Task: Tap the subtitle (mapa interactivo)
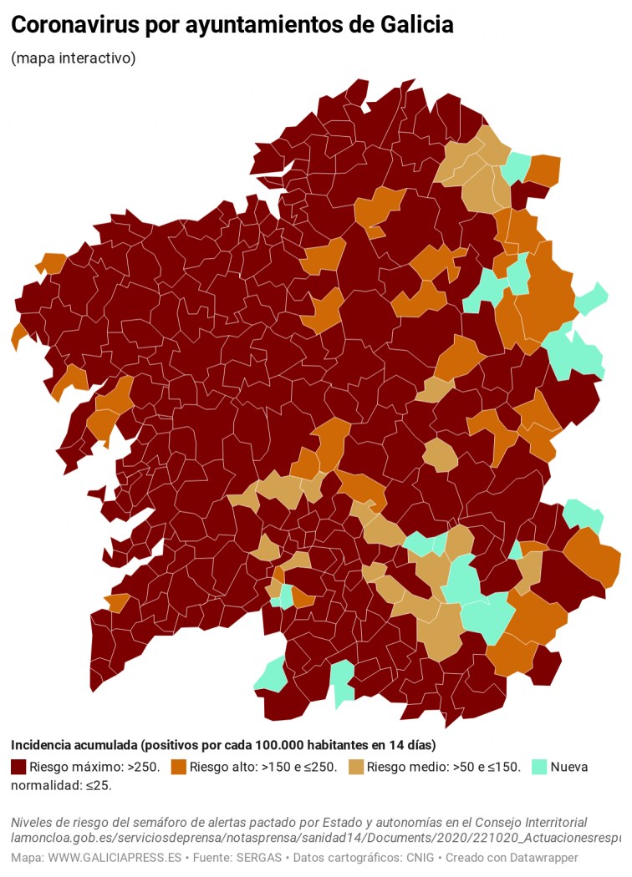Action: click(73, 58)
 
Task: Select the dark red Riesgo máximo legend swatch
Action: click(18, 767)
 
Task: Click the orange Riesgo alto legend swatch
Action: click(178, 767)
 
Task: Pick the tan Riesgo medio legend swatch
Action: click(355, 767)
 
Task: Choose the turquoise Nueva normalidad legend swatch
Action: click(539, 767)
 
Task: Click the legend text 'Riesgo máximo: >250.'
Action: click(94, 767)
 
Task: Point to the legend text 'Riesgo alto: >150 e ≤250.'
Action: click(263, 767)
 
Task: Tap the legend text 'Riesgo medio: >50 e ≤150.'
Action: click(443, 767)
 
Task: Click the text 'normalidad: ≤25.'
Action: click(61, 785)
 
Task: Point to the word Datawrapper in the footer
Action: click(543, 858)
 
